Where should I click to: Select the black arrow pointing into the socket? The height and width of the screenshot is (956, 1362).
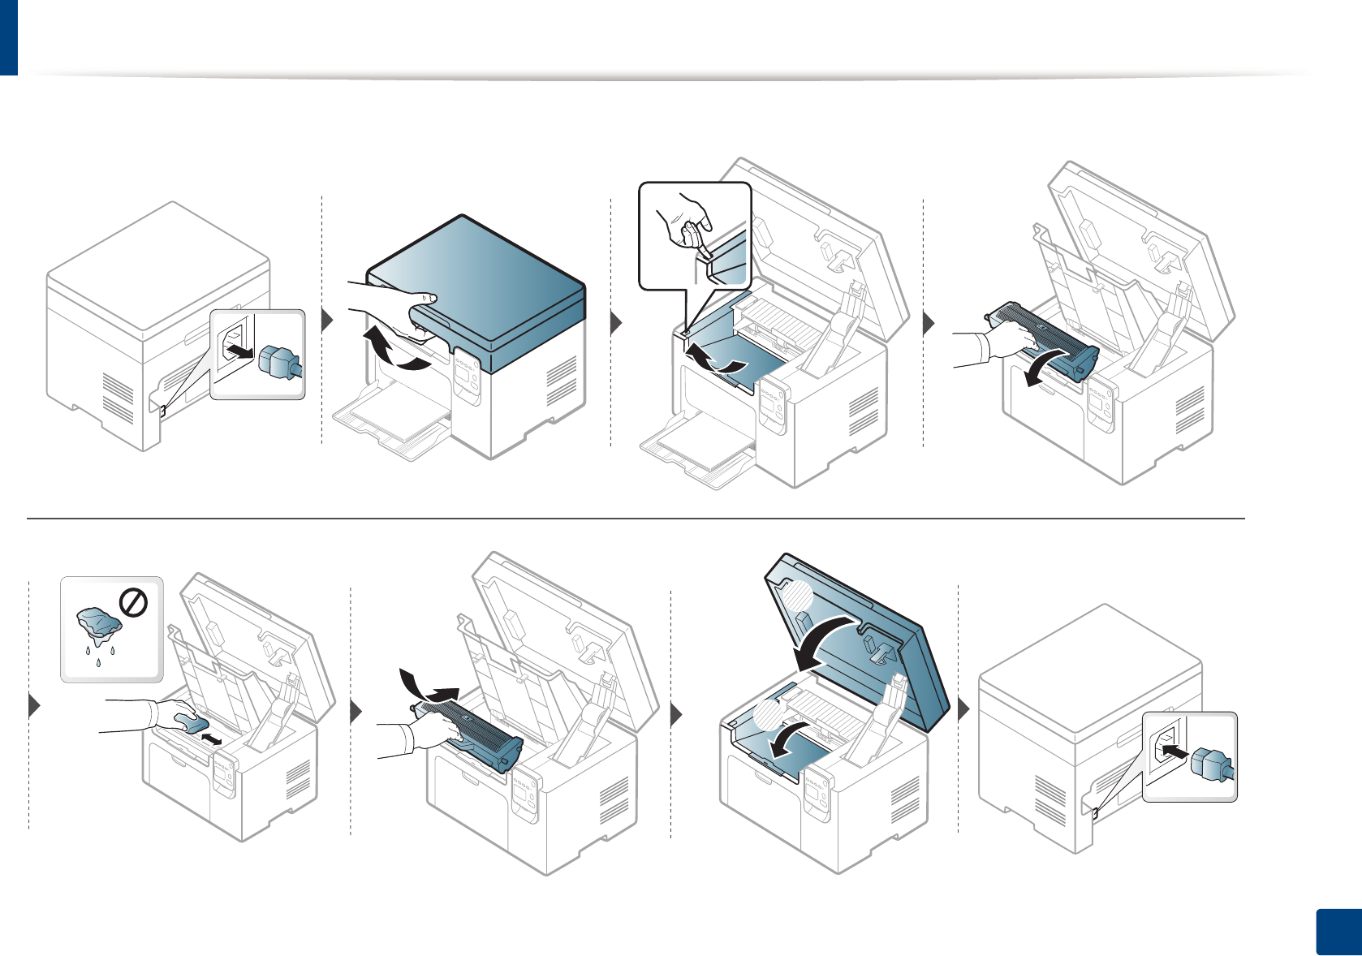(x=1172, y=754)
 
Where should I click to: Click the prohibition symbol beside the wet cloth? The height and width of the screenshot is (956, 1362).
(x=133, y=603)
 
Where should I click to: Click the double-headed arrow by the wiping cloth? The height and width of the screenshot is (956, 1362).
(x=211, y=739)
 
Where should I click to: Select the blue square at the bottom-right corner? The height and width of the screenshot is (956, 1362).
(x=1336, y=931)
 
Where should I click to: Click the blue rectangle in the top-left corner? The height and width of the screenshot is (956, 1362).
(x=8, y=37)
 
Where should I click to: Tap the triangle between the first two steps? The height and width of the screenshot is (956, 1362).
(x=326, y=321)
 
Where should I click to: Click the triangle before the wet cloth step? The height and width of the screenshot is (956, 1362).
(x=34, y=706)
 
